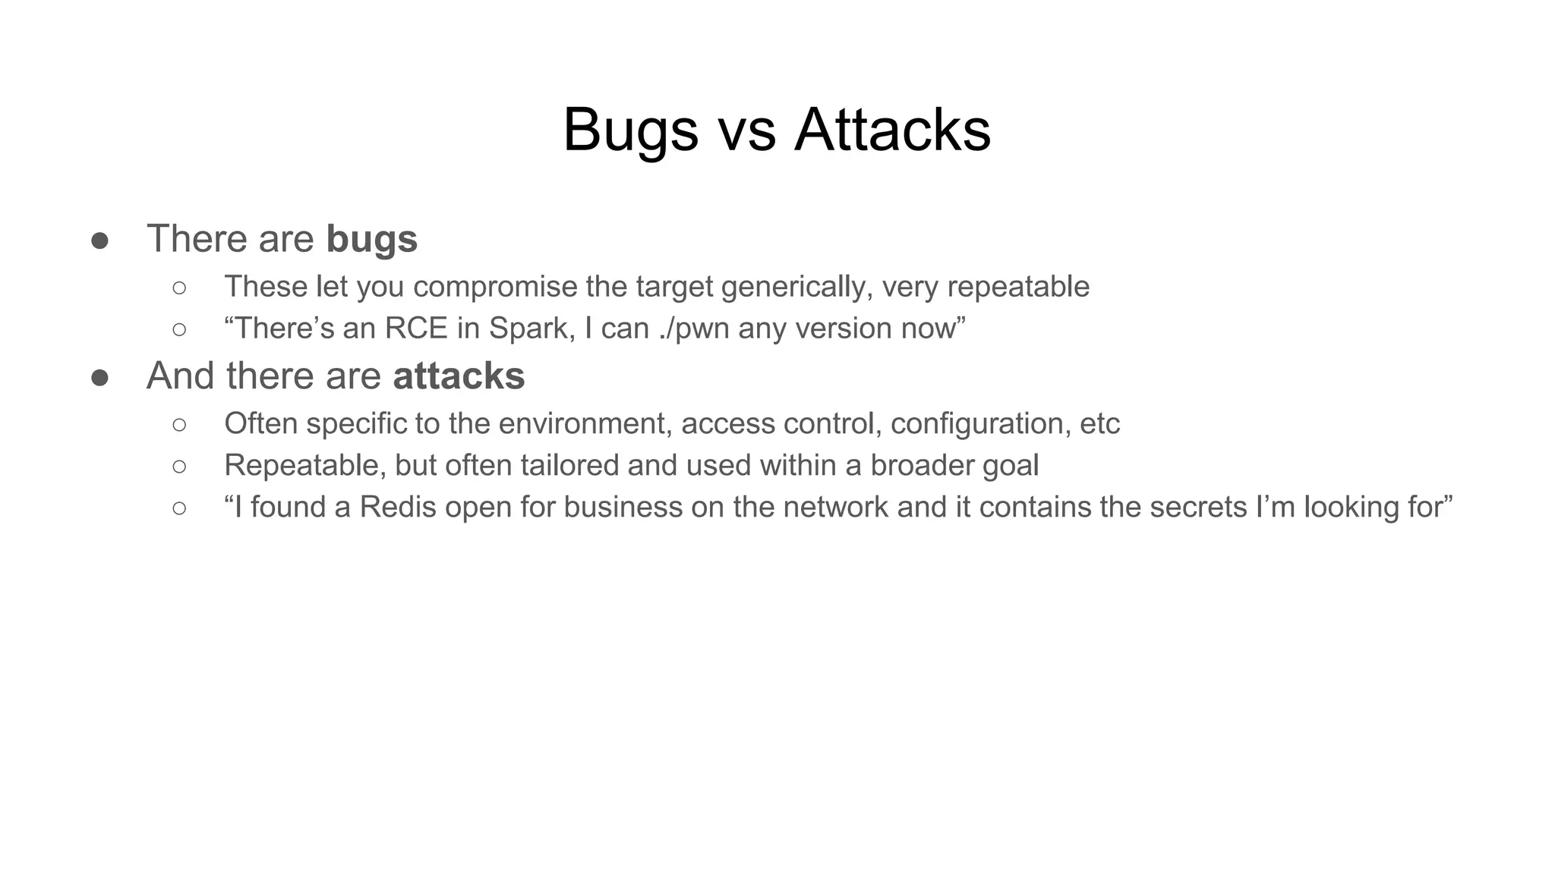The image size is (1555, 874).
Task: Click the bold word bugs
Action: (372, 240)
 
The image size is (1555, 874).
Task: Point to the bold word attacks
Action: (459, 376)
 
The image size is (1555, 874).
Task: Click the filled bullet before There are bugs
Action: (99, 241)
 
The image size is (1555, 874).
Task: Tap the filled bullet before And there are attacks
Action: (99, 377)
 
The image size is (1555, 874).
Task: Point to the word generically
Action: (796, 287)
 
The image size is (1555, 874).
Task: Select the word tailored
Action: (561, 465)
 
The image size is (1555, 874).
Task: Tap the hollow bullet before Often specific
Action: (179, 424)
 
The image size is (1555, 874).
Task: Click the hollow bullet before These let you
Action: (179, 288)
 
